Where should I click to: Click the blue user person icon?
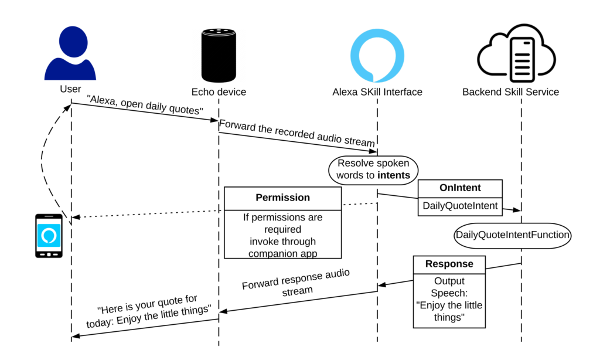[70, 53]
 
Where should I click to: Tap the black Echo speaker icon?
[219, 55]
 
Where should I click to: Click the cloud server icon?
[516, 53]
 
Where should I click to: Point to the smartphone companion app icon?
[49, 236]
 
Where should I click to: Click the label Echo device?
[219, 92]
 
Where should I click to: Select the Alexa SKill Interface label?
[377, 92]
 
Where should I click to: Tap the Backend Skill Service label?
[510, 92]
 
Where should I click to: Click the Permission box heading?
[283, 198]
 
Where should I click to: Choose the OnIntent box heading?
[460, 188]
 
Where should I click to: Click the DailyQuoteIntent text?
[460, 206]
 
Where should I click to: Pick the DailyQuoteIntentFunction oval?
[512, 235]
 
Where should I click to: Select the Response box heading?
[449, 264]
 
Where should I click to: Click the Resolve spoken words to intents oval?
[373, 169]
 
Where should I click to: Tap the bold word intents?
[394, 175]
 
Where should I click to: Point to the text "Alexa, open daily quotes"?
[145, 105]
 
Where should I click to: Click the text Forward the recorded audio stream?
[297, 133]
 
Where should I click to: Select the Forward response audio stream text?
[296, 282]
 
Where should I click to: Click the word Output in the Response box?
[449, 281]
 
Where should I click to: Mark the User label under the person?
[70, 89]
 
